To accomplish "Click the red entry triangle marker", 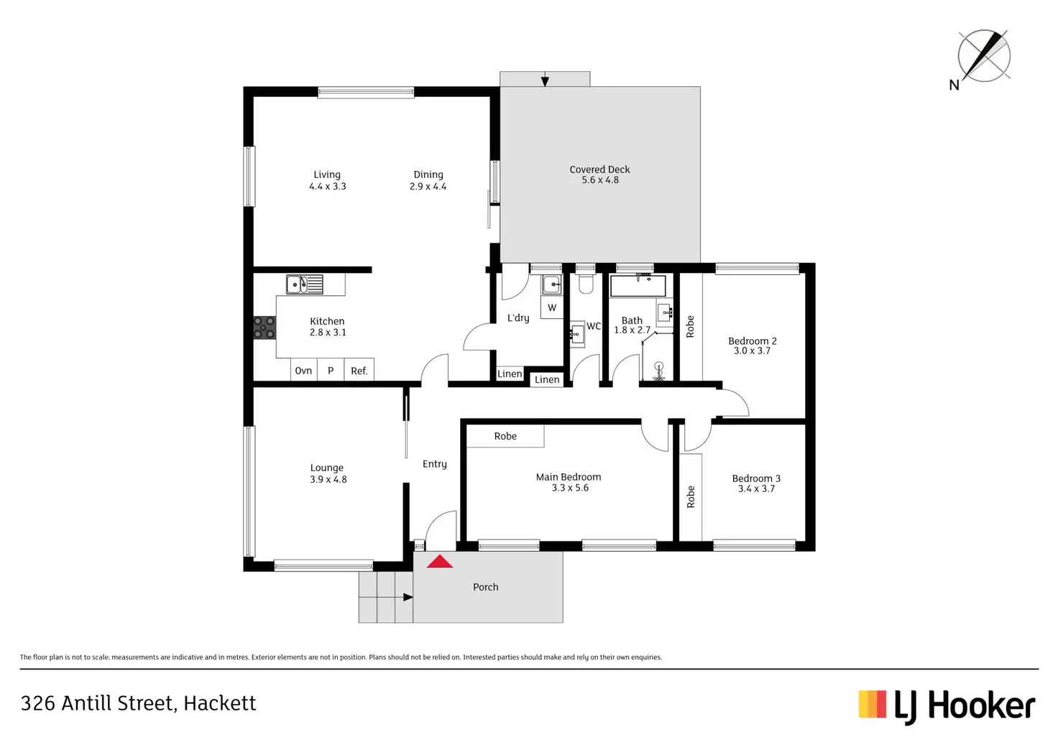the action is point(439,562).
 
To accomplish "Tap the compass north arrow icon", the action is point(983,55).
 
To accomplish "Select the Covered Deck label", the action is point(599,170).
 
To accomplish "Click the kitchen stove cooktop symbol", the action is point(264,328).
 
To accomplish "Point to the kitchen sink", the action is point(305,284).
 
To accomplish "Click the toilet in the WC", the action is point(585,284).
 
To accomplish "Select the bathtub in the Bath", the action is point(638,285).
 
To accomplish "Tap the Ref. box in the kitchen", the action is point(359,371).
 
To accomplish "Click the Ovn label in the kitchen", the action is point(303,371).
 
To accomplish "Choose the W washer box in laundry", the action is point(552,307).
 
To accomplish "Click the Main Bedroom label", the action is point(569,477).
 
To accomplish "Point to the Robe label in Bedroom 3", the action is point(691,497).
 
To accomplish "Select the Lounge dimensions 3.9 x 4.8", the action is point(328,480).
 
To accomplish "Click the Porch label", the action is point(486,587).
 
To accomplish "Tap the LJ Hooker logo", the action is point(947,706).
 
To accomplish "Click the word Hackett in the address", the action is point(219,703).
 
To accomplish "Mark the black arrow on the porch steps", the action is point(408,597).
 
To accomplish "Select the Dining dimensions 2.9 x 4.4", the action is point(428,187).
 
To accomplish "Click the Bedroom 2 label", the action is point(753,341).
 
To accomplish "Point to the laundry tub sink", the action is point(551,284).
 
